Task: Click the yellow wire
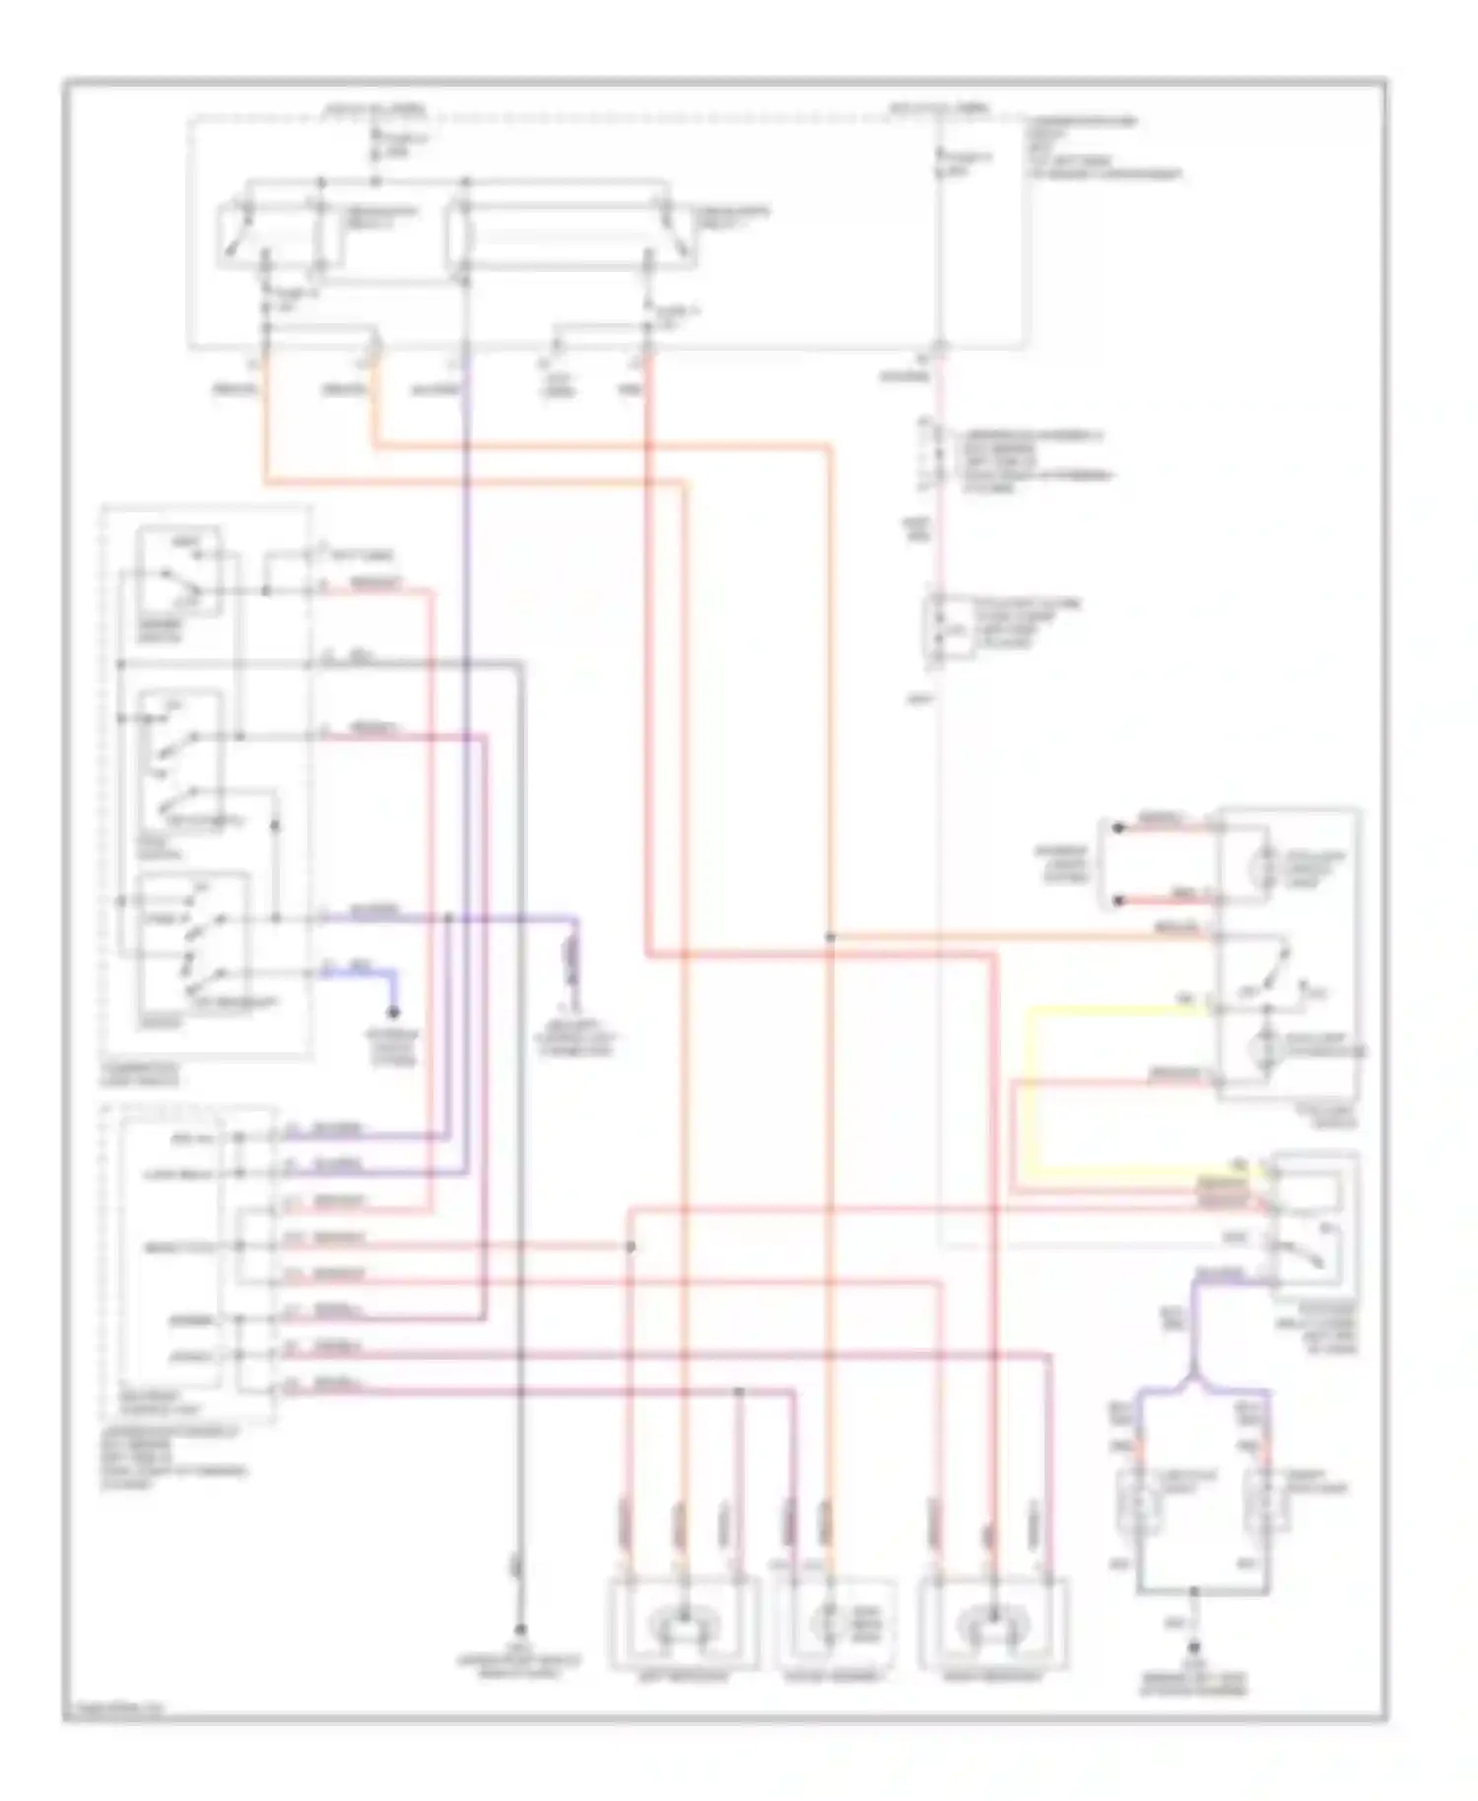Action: point(1030,1084)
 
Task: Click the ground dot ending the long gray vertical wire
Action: point(519,1631)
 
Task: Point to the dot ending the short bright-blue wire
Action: point(393,1013)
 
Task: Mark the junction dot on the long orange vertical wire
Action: point(830,937)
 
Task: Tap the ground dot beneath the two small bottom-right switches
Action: point(1193,1647)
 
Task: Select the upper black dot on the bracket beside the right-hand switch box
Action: point(1118,829)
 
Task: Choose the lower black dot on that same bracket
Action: point(1118,900)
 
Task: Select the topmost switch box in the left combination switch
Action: point(180,573)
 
